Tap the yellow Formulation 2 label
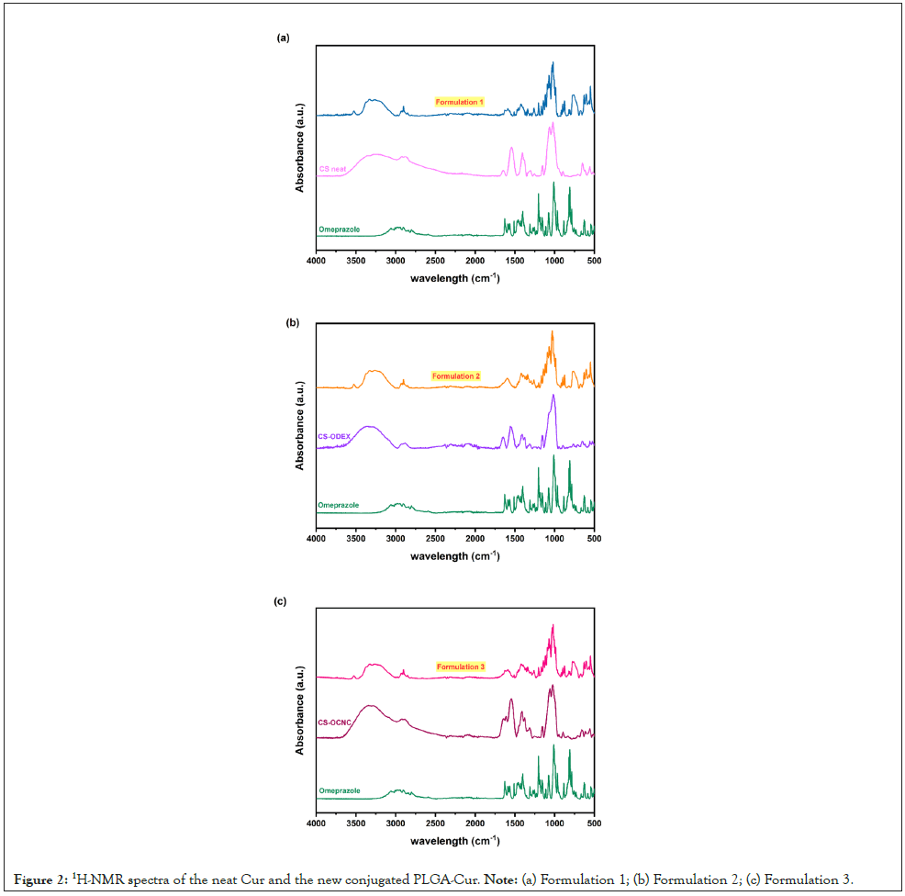pyautogui.click(x=456, y=376)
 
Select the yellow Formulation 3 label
pyautogui.click(x=461, y=666)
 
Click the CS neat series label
pyautogui.click(x=332, y=169)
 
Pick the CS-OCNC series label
pyautogui.click(x=336, y=722)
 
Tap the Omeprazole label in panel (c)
pyautogui.click(x=340, y=790)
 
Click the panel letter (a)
pyautogui.click(x=284, y=38)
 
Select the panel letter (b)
pyautogui.click(x=293, y=323)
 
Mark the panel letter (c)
pyautogui.click(x=281, y=602)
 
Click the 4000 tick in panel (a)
pyautogui.click(x=317, y=262)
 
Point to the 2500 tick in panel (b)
pyautogui.click(x=435, y=541)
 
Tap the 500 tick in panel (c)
pyautogui.click(x=594, y=824)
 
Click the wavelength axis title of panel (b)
pyautogui.click(x=455, y=556)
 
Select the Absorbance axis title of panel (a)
pyautogui.click(x=300, y=148)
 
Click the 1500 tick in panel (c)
pyautogui.click(x=514, y=824)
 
